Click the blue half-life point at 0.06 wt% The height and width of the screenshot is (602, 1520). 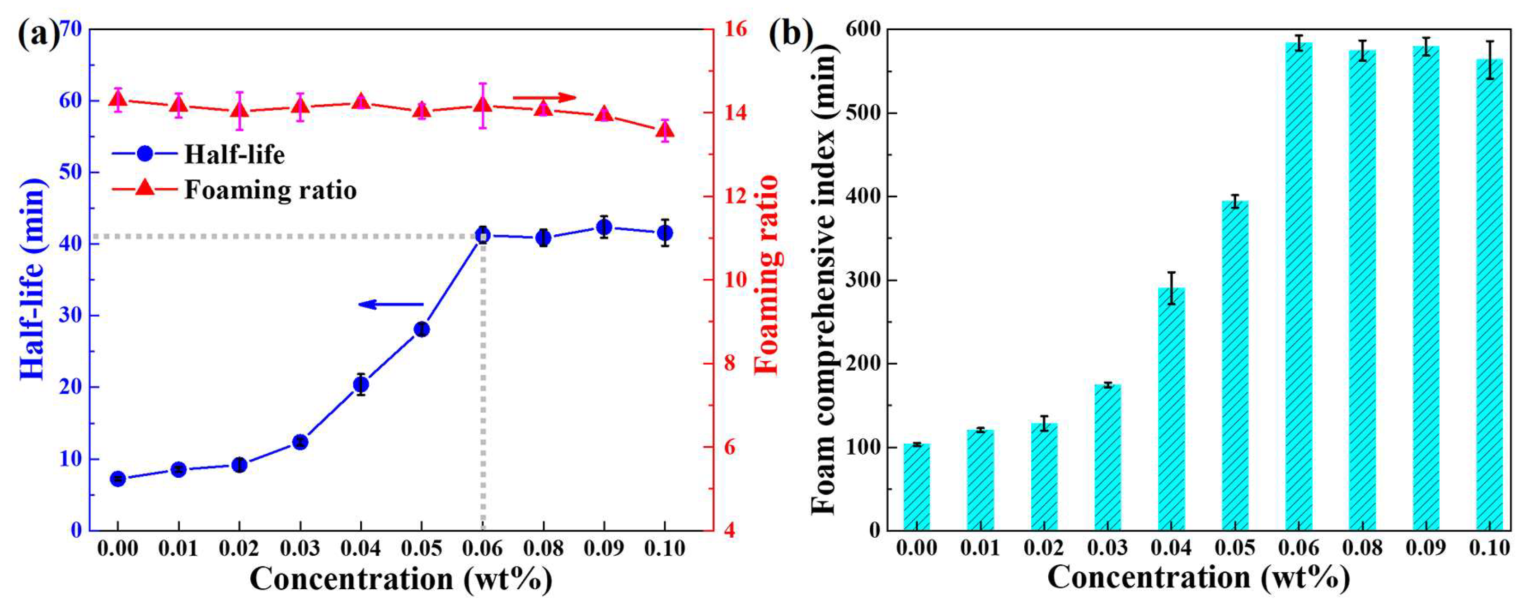483,236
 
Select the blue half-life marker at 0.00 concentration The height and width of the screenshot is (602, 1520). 118,479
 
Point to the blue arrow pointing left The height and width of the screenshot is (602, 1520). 391,305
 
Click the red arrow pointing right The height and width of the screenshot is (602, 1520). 543,97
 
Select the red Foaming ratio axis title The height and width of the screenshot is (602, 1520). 767,275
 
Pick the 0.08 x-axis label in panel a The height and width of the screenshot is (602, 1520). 543,549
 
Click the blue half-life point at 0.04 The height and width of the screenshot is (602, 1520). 361,385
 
